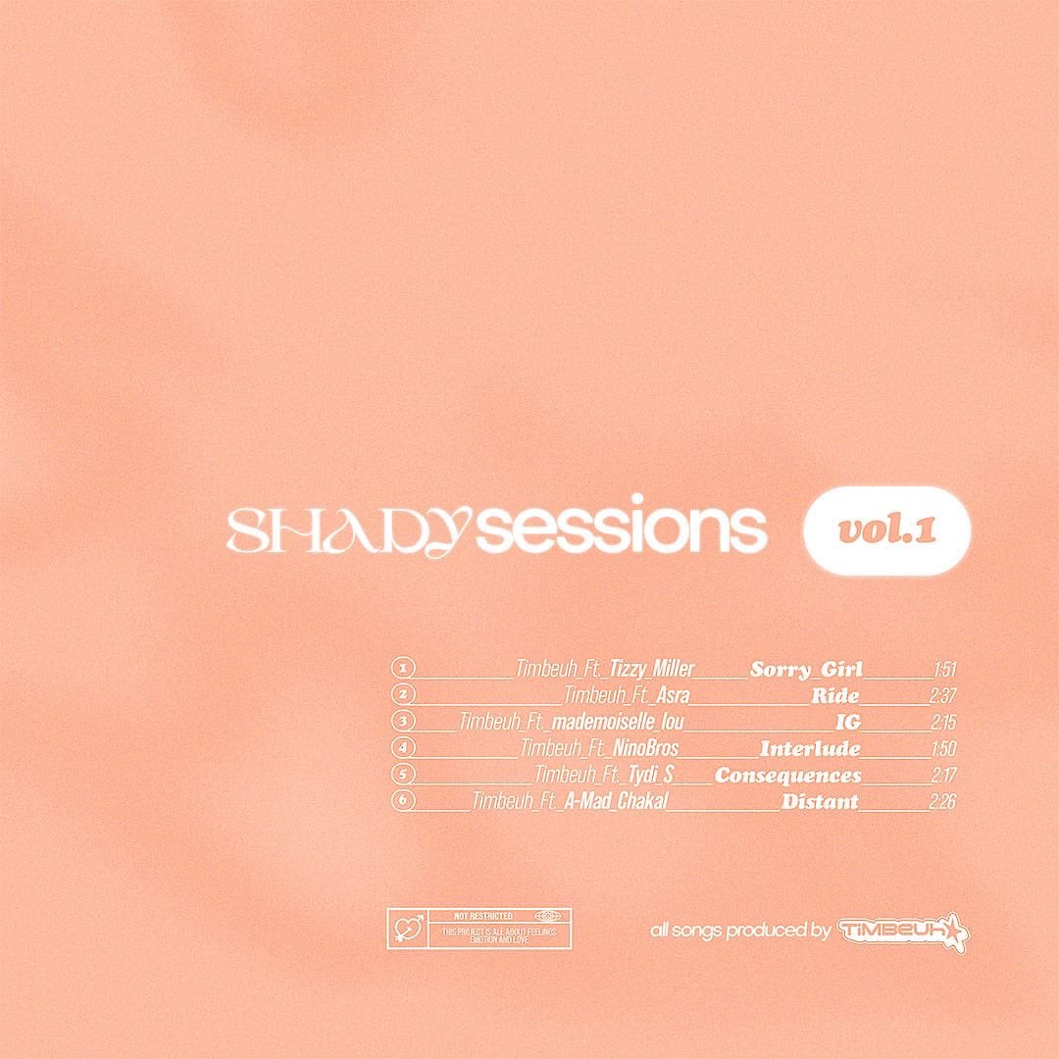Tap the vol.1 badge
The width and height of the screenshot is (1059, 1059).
click(x=886, y=530)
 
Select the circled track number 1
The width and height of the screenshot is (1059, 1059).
click(x=403, y=670)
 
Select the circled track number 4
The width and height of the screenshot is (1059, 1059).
click(x=403, y=749)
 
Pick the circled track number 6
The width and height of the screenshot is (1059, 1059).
click(x=403, y=801)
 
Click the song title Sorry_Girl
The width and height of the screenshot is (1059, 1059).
click(x=805, y=670)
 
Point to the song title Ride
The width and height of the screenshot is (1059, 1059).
click(x=835, y=696)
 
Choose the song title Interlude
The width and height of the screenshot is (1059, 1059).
click(x=810, y=749)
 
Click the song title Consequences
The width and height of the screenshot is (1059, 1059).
click(x=787, y=776)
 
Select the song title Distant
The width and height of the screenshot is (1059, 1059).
click(x=820, y=801)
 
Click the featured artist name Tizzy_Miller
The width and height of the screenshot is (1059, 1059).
click(x=652, y=670)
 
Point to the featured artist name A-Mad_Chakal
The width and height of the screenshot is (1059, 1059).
click(x=616, y=801)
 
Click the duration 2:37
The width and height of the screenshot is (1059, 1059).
click(x=941, y=696)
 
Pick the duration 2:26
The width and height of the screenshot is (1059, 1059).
click(x=941, y=801)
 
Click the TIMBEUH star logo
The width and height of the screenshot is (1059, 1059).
click(x=903, y=930)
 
